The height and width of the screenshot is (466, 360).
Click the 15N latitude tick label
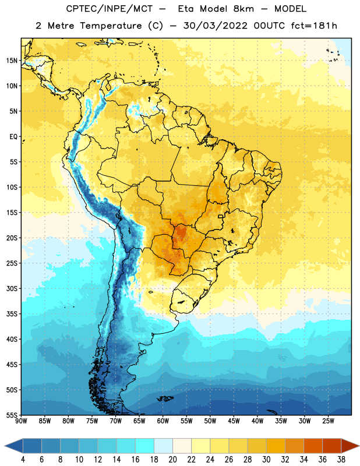12,61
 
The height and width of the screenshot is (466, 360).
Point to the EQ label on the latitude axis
13,137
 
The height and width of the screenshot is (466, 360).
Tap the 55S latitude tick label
12,415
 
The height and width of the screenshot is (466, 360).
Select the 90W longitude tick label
21,421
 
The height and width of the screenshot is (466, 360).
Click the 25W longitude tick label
328,421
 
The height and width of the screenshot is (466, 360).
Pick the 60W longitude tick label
163,421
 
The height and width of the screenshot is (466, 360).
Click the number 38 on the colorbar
341,460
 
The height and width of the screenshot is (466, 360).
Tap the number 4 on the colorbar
23,460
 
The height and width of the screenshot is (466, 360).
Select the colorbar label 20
172,460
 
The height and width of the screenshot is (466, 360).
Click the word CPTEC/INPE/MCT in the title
109,9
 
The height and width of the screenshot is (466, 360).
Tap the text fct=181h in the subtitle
314,26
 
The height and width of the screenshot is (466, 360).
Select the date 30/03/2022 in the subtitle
215,26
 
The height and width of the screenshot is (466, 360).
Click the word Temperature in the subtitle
111,26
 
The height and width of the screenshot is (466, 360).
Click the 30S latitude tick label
12,288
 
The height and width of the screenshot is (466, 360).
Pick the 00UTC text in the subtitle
269,26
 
